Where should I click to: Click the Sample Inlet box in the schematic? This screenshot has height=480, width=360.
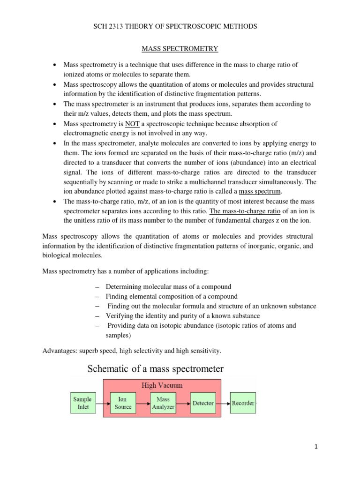click(82, 403)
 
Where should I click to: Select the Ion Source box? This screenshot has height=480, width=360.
click(123, 403)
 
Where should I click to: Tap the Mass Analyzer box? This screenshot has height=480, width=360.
click(163, 403)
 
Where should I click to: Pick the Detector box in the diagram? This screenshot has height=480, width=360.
click(203, 403)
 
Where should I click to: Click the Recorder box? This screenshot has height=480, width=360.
click(243, 403)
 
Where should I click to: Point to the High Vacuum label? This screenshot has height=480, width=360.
click(162, 385)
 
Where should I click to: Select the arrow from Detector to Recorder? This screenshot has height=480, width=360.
click(223, 403)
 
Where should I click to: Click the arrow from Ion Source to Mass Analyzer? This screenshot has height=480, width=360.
click(143, 403)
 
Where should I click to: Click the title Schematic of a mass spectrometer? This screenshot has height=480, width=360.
click(156, 369)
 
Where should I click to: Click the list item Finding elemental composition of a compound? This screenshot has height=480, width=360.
click(172, 296)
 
